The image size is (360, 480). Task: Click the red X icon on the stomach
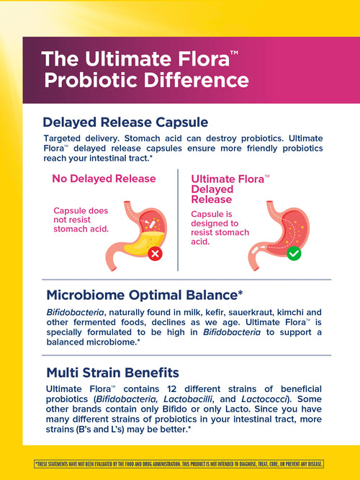click(x=155, y=253)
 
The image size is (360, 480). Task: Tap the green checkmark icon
click(x=293, y=253)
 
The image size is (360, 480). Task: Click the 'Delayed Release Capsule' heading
click(x=125, y=122)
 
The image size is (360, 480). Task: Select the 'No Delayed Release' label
click(x=104, y=179)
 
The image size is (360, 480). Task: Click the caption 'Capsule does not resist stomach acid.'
click(x=81, y=219)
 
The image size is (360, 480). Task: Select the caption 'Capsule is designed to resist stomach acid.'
click(x=220, y=228)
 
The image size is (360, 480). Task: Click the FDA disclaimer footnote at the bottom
click(x=179, y=463)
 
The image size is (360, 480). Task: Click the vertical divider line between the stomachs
click(x=178, y=220)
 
